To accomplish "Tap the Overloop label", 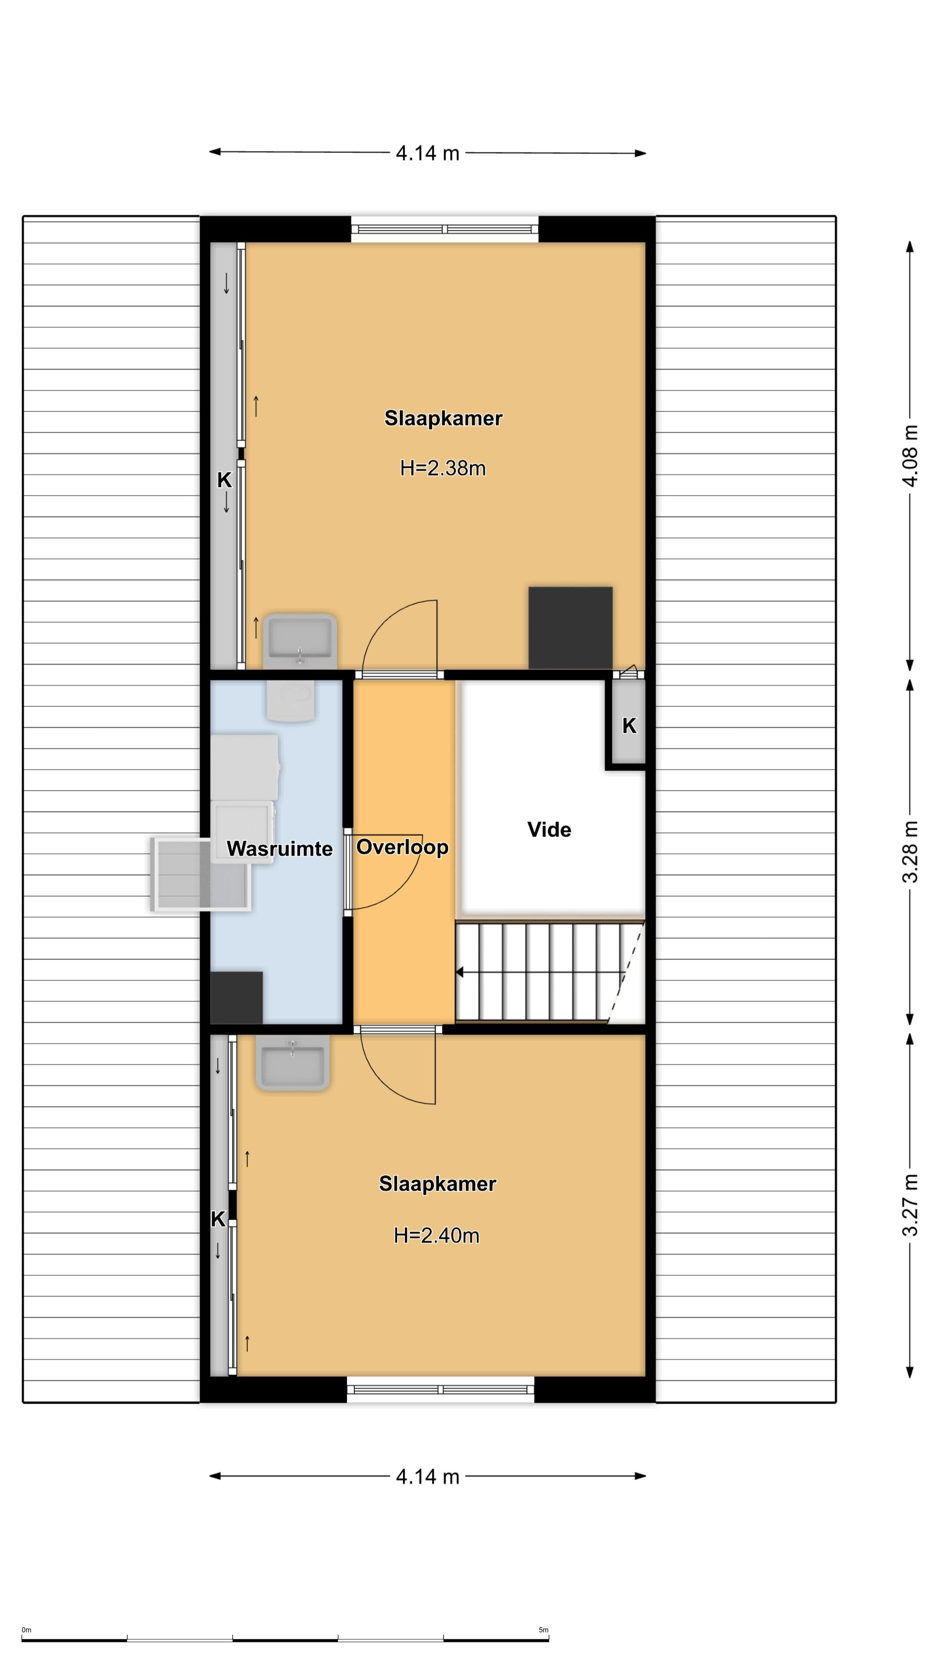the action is [403, 847].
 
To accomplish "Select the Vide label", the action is [549, 830].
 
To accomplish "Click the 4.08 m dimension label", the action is [910, 456].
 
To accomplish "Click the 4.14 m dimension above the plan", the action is [428, 153].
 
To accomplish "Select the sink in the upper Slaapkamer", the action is [300, 641].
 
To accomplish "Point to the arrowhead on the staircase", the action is [460, 972].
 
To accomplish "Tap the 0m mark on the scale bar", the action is [27, 1631].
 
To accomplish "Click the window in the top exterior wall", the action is [445, 229].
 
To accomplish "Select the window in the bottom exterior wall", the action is [441, 1390].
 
